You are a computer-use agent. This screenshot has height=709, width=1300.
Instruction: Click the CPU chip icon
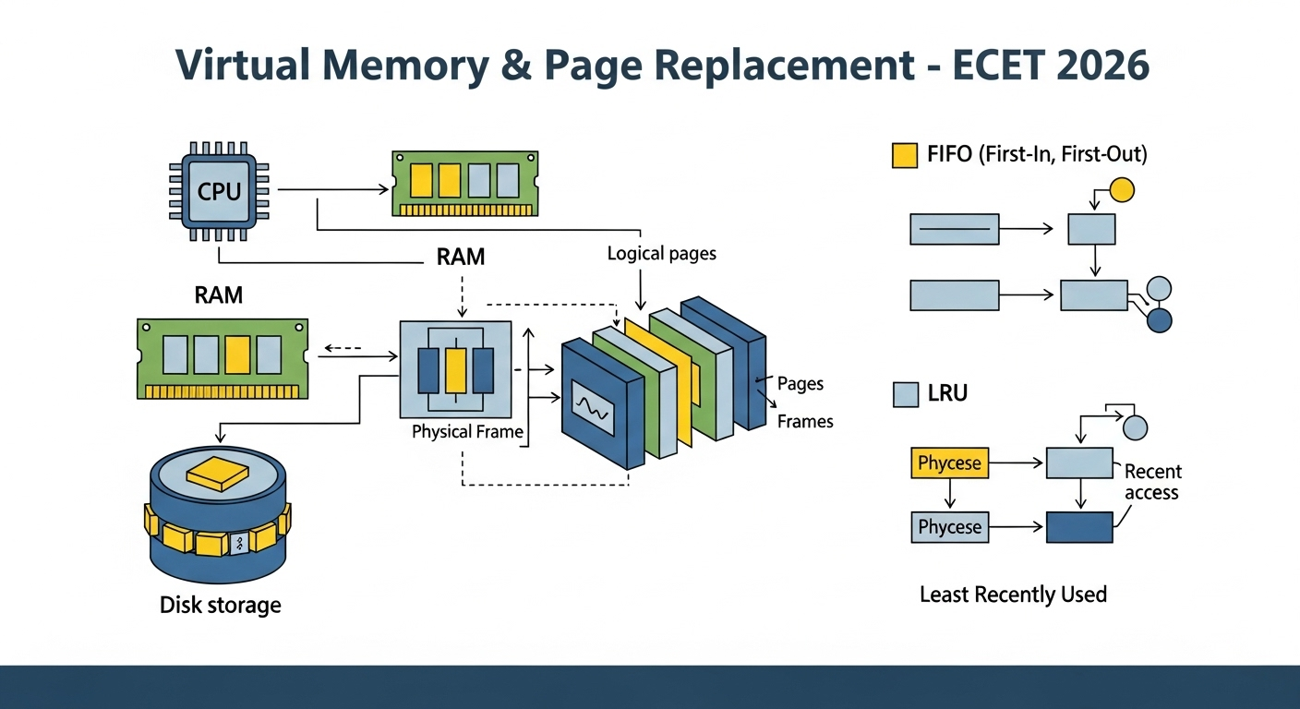(219, 191)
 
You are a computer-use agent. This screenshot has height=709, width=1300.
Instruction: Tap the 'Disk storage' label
(221, 606)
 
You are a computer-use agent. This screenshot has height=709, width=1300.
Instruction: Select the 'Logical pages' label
(662, 254)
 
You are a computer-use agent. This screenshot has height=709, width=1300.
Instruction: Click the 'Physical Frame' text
(467, 432)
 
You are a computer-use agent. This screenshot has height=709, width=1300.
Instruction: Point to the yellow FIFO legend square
(905, 155)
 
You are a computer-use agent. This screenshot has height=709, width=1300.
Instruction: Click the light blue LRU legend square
(906, 394)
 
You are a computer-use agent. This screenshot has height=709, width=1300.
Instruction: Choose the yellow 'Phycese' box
(949, 463)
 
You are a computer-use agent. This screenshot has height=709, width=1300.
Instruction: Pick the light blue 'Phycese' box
(949, 527)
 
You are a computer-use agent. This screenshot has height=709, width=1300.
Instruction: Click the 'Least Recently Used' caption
(1013, 595)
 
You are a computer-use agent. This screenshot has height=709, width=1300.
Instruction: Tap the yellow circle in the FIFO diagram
(1121, 190)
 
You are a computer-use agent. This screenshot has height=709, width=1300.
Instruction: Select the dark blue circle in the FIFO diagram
(1160, 320)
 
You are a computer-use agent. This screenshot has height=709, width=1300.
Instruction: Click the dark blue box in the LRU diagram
(1079, 527)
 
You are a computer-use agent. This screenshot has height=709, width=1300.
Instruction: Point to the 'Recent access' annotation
(1152, 482)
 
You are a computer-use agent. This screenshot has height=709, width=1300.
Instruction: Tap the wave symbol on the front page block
(593, 408)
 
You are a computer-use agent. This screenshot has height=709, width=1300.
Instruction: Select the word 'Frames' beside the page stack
(805, 421)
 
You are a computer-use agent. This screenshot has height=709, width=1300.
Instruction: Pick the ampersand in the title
(513, 65)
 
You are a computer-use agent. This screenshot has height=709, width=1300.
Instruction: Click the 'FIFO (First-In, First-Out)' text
(1037, 154)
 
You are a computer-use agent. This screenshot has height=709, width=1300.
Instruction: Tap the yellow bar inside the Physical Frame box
(455, 371)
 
